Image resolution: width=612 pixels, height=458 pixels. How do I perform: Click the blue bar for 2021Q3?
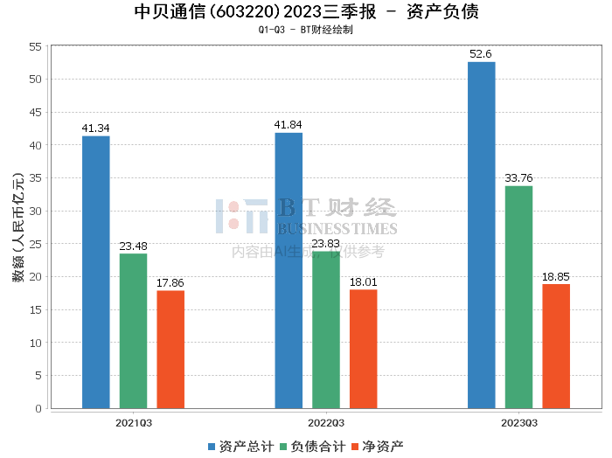(x=96, y=273)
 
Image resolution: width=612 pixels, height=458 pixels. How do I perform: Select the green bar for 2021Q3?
(x=133, y=331)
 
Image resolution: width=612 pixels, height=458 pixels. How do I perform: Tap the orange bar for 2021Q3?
(x=170, y=350)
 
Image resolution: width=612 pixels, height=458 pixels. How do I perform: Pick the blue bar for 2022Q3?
(x=289, y=271)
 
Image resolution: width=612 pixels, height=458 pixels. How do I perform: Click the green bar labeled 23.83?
(x=326, y=330)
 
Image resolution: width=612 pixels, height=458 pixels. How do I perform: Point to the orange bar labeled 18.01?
(x=364, y=349)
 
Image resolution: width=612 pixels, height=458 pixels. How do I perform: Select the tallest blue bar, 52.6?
(x=482, y=235)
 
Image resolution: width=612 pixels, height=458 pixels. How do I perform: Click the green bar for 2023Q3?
(x=518, y=297)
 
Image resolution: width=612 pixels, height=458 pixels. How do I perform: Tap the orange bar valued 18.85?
(x=556, y=346)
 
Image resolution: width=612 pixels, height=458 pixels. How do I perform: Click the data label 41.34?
(x=95, y=128)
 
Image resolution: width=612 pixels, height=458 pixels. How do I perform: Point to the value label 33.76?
(x=518, y=178)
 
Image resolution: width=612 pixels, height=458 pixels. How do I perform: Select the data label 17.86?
(x=170, y=283)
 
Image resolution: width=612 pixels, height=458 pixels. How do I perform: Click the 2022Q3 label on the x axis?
(x=326, y=423)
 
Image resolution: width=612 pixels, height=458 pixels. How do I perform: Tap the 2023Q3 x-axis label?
(x=519, y=423)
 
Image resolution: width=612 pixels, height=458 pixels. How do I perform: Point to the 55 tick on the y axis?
(x=35, y=47)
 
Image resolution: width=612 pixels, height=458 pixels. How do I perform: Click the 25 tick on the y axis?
(x=35, y=244)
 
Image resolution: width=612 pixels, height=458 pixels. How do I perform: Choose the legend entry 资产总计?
(x=241, y=447)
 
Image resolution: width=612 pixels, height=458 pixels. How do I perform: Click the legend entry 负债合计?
(x=313, y=447)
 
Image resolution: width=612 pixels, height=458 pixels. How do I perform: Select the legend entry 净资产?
(x=378, y=447)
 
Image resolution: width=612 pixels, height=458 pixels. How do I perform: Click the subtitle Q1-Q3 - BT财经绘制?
(x=306, y=30)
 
